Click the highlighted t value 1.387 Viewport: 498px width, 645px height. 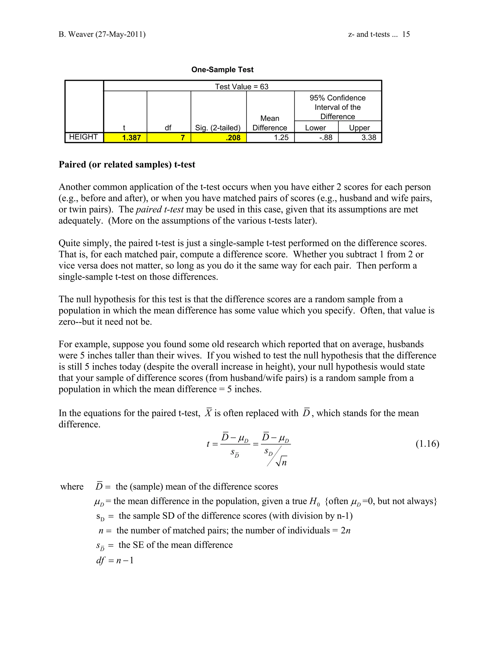pos(131,138)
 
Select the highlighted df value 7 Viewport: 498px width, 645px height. pos(183,138)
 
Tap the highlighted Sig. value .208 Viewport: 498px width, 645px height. pos(233,138)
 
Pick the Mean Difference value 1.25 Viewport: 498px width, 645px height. pos(281,137)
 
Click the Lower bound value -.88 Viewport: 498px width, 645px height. pos(326,137)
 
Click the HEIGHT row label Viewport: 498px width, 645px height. pos(83,137)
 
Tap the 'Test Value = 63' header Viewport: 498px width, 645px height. pos(242,87)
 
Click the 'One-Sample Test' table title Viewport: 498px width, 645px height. pos(222,70)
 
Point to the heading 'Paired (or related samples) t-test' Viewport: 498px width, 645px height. pos(127,165)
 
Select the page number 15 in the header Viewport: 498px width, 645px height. pos(406,34)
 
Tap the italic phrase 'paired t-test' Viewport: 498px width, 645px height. pos(160,209)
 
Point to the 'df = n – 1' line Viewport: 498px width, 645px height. pos(115,560)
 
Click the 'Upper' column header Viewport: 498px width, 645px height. pos(359,128)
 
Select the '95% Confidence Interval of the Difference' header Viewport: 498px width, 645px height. pos(337,107)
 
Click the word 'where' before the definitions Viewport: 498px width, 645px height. pos(72,487)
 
